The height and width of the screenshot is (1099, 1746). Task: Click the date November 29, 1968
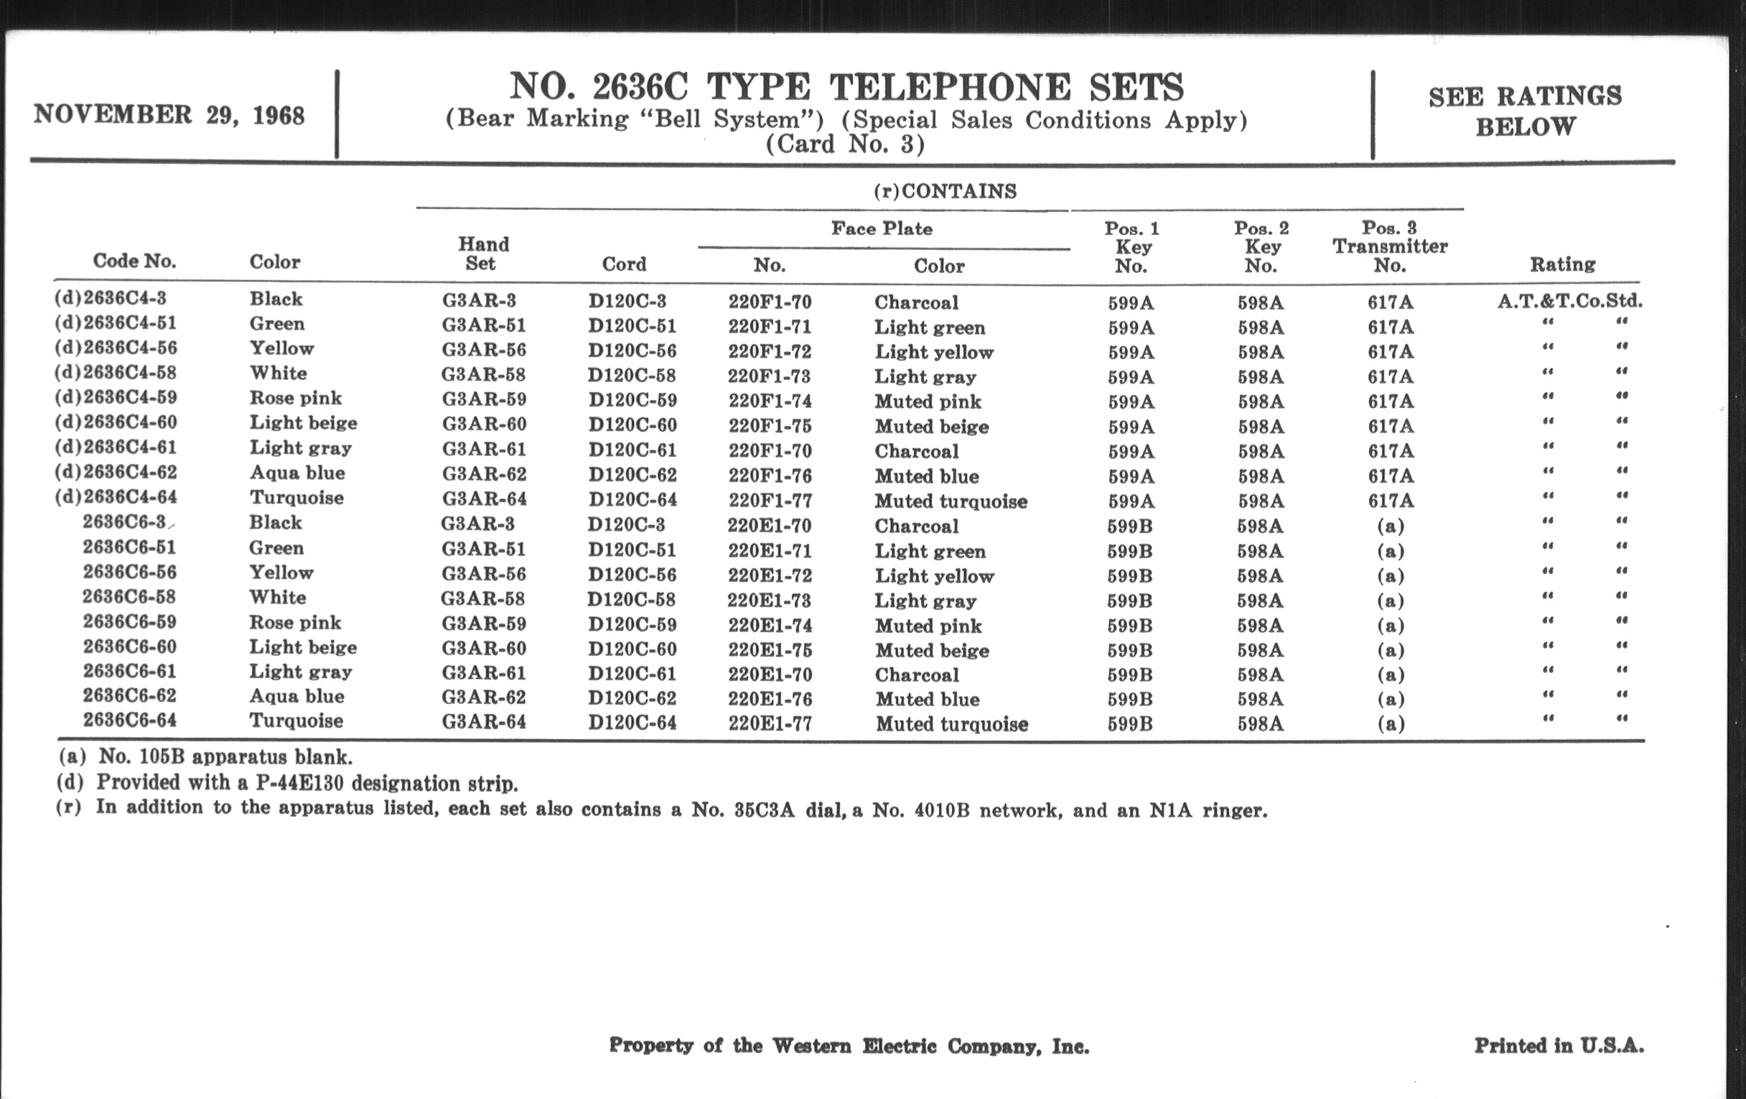[169, 116]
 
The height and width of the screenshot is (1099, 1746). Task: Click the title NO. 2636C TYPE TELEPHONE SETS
[846, 87]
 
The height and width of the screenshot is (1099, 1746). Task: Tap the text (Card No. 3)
[846, 144]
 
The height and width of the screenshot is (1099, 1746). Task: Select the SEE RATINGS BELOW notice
[1525, 111]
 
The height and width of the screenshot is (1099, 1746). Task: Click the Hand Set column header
[483, 253]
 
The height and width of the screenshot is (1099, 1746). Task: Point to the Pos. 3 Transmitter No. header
[1389, 246]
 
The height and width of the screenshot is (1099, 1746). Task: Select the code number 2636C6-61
[130, 671]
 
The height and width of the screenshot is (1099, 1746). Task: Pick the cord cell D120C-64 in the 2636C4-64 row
[632, 500]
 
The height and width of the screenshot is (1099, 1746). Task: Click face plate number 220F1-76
[770, 476]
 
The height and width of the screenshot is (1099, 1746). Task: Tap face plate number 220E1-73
[769, 600]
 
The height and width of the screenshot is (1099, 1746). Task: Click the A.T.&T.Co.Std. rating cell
[1570, 300]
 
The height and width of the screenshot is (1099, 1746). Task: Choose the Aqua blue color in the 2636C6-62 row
[297, 697]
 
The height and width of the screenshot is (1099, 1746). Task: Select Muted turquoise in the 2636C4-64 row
[951, 501]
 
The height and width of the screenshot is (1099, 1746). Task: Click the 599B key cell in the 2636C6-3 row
[1130, 526]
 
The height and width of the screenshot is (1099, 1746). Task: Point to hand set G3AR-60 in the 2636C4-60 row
[484, 424]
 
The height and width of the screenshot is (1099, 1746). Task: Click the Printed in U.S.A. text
[1559, 1045]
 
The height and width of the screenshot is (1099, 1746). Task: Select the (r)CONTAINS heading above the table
[945, 191]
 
